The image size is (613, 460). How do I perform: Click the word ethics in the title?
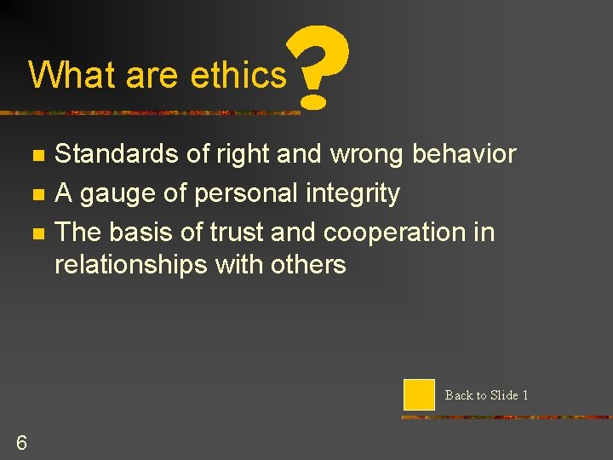click(239, 75)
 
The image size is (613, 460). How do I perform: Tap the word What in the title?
click(72, 75)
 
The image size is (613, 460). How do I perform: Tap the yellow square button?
click(419, 395)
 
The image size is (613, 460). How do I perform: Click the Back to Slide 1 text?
click(486, 395)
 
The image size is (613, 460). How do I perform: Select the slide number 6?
click(21, 442)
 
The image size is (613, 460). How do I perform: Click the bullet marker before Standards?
click(36, 156)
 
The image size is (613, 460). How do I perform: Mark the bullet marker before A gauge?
click(36, 195)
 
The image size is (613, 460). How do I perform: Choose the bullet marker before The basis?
click(36, 233)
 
